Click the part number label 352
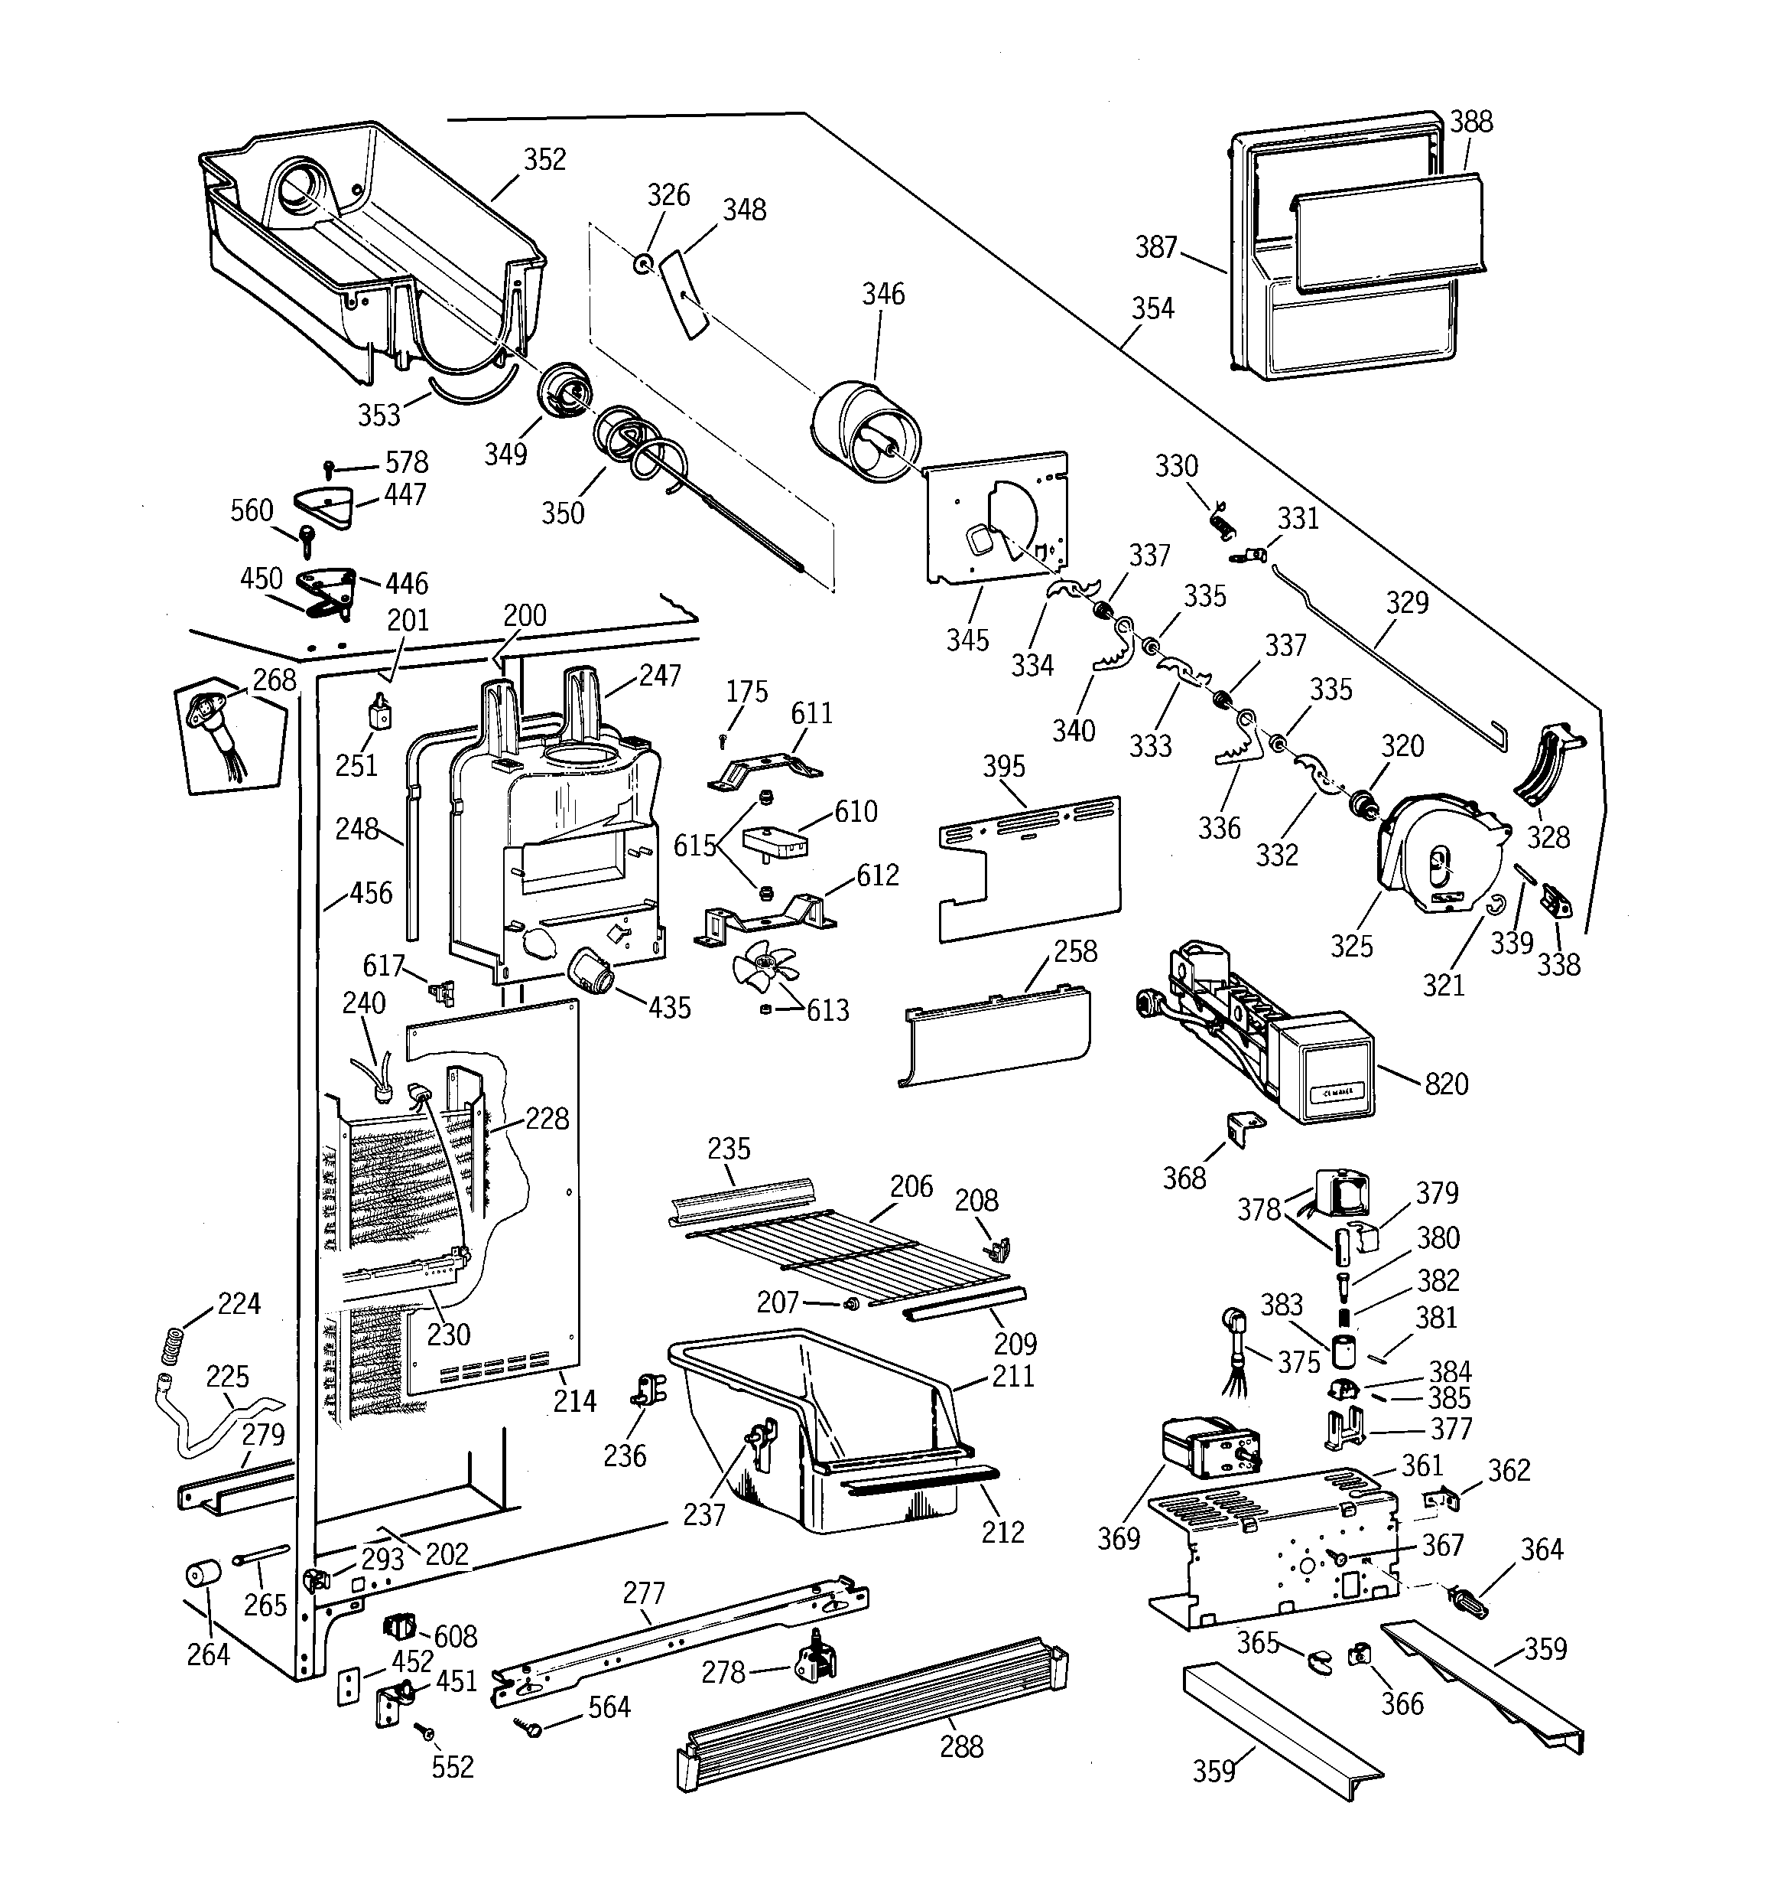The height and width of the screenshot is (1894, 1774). click(x=544, y=159)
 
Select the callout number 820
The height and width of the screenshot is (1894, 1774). click(x=1445, y=1084)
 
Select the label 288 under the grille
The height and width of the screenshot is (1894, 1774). click(x=961, y=1746)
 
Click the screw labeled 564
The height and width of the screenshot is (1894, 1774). click(x=528, y=1724)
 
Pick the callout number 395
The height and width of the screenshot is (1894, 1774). click(x=1004, y=766)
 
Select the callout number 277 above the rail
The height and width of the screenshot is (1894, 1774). click(x=644, y=1592)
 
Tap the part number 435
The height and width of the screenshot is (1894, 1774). click(x=668, y=1007)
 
